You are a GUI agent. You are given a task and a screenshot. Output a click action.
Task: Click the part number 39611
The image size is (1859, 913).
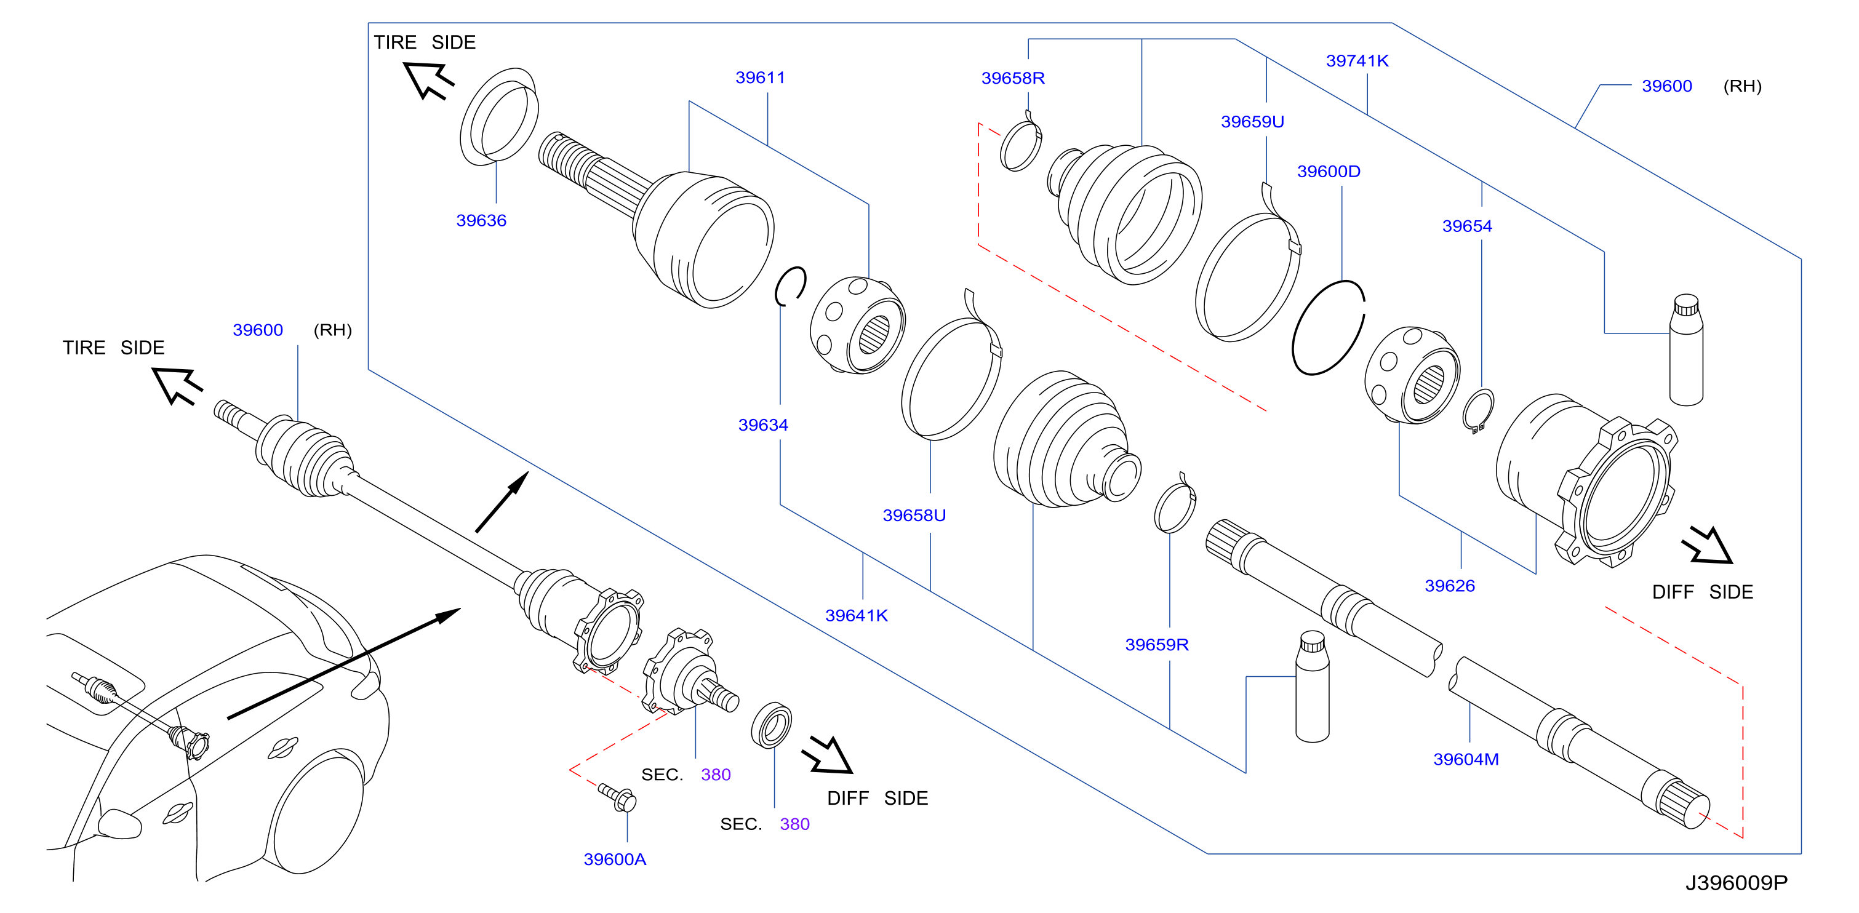(760, 78)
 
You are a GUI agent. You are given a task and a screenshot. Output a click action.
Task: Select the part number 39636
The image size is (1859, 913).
(481, 220)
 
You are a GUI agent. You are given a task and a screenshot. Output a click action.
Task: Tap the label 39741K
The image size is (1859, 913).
(1357, 61)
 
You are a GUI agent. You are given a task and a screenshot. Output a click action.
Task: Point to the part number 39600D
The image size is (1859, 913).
(1329, 171)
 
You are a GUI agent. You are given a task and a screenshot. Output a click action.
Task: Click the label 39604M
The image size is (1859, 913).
(1466, 759)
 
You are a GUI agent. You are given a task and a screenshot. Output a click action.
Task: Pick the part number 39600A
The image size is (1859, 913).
(615, 859)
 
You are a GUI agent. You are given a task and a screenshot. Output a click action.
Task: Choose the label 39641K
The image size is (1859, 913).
(857, 616)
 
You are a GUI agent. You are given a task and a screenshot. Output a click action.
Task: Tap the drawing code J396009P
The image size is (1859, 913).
(1737, 883)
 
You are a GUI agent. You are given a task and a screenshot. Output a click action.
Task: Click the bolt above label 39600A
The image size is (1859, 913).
(617, 797)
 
